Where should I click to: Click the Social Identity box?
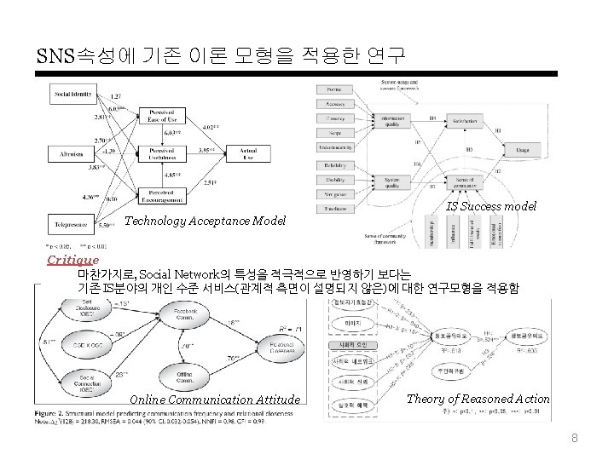(74, 93)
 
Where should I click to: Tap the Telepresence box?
(72, 225)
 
